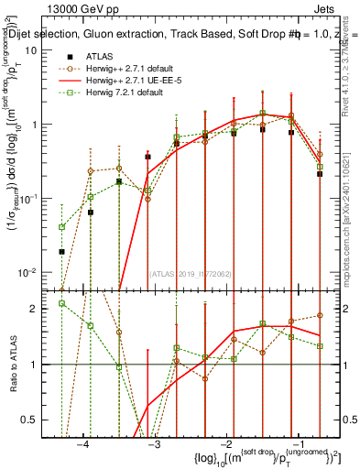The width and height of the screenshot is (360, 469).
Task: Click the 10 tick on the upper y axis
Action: [x=42, y=49]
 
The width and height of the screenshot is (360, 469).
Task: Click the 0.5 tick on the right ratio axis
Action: [x=348, y=420]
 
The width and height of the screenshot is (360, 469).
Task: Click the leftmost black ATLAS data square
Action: [x=61, y=251]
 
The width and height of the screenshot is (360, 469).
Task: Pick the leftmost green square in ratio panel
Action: [x=61, y=303]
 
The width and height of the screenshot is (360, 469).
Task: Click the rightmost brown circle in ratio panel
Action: [x=320, y=315]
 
